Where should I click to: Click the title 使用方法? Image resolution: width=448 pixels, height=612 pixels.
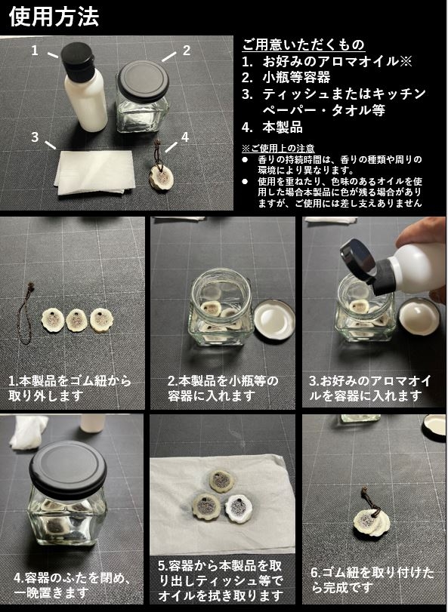click(54, 17)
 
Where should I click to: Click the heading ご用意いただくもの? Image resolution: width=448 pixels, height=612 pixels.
click(303, 45)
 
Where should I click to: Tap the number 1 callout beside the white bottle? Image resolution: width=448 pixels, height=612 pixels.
click(36, 51)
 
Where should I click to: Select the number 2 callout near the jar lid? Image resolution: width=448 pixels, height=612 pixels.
click(187, 51)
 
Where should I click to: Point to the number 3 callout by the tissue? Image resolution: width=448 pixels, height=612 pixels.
click(36, 137)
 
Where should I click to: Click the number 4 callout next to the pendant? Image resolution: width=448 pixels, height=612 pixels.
click(185, 137)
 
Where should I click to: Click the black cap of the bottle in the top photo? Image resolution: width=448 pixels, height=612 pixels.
click(78, 62)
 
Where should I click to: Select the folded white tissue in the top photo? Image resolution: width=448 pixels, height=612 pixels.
click(95, 173)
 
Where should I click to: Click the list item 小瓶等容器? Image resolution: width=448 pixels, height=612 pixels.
click(296, 77)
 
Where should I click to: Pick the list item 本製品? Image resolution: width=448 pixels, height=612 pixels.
click(283, 128)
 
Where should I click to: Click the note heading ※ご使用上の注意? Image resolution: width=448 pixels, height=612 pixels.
click(278, 149)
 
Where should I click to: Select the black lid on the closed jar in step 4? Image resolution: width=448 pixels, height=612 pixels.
click(68, 466)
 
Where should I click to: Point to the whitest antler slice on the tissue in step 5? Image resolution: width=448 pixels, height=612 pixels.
click(239, 509)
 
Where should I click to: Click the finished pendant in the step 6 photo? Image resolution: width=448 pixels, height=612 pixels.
click(370, 515)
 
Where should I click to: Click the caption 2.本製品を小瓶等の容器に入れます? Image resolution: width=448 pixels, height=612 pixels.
click(223, 388)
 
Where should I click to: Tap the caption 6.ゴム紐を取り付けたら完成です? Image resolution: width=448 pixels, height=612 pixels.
click(372, 580)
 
